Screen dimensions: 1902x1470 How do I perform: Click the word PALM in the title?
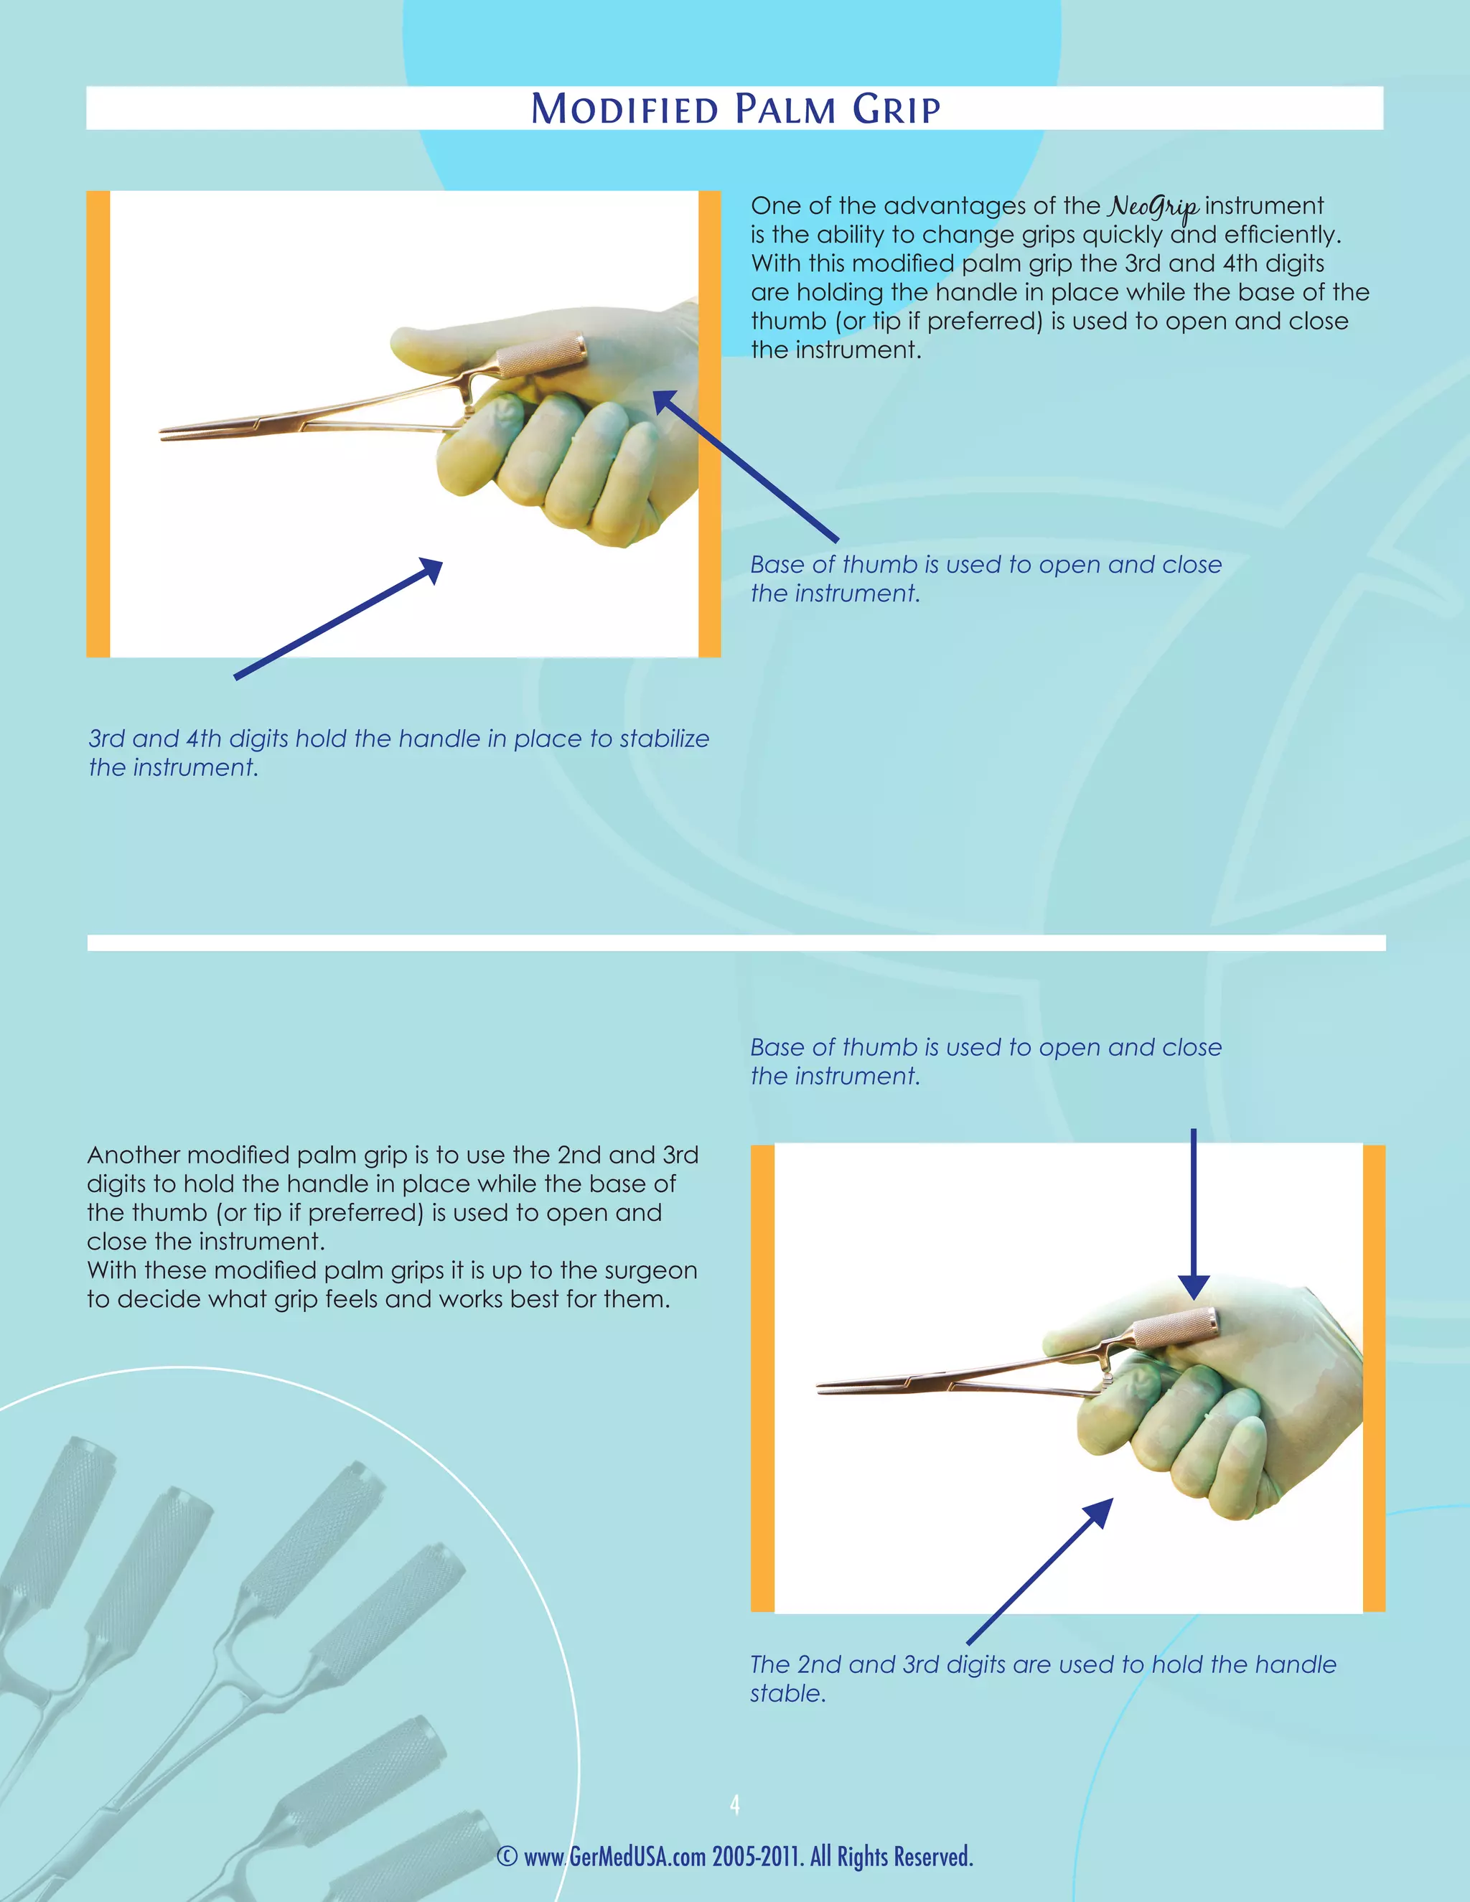coord(785,110)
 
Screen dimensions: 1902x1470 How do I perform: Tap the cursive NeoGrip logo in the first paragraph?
coord(1153,207)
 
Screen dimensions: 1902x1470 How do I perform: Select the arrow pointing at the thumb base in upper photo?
coord(744,465)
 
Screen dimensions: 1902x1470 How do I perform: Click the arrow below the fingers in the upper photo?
coord(340,618)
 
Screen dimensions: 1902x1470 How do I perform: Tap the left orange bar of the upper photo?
coord(98,424)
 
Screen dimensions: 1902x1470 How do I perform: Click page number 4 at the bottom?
coord(735,1805)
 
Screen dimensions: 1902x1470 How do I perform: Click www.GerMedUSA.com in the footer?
coord(614,1857)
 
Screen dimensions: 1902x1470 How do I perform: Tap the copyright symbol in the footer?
coord(507,1857)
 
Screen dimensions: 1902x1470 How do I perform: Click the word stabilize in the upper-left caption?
coord(664,739)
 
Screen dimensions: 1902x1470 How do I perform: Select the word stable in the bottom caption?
coord(787,1694)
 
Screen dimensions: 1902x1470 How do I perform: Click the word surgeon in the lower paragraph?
coord(650,1270)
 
